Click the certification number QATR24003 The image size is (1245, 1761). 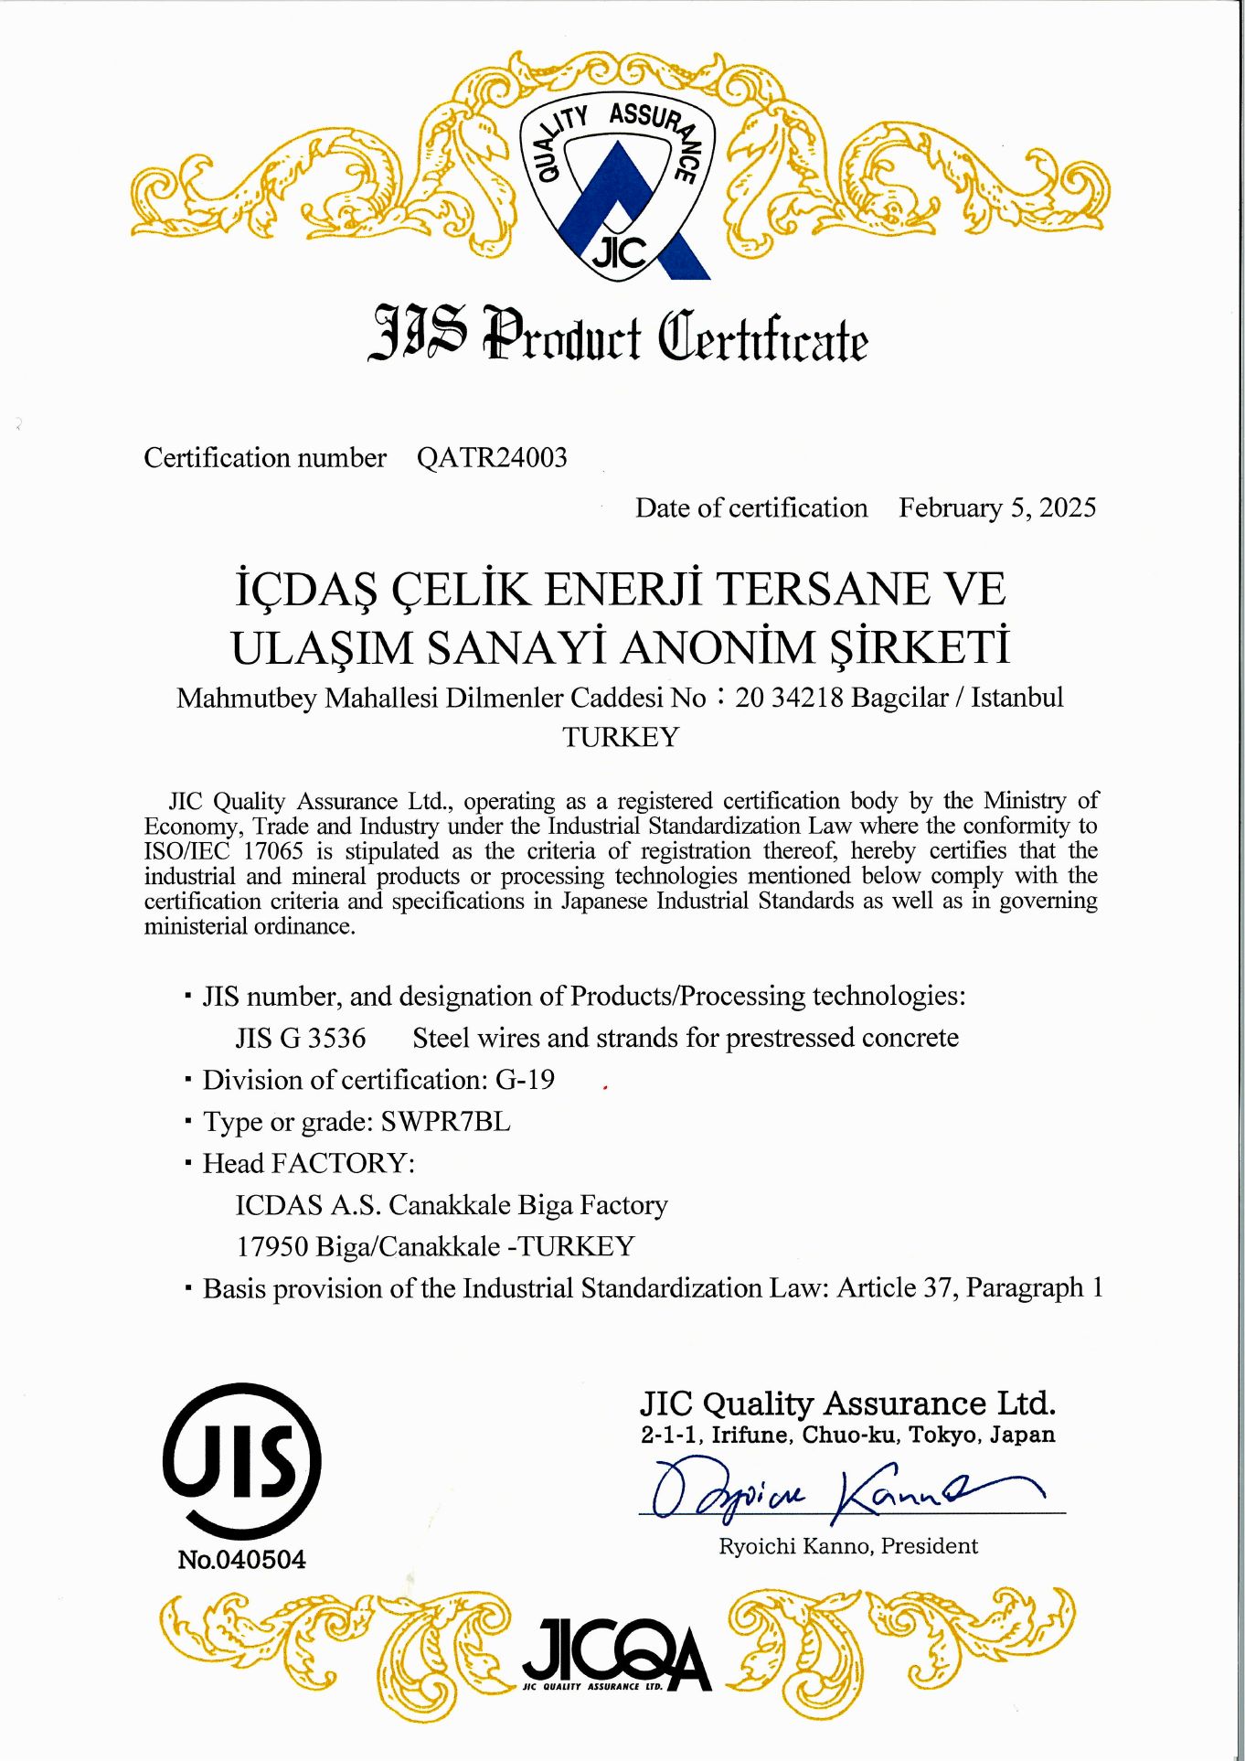(492, 457)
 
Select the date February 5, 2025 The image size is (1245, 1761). (996, 507)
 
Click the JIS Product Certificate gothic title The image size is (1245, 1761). (618, 336)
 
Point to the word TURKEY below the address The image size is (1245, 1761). (621, 737)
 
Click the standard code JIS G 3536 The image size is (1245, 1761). (301, 1038)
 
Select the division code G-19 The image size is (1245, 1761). (525, 1080)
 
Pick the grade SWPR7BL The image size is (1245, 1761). (445, 1121)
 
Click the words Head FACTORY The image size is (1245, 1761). (308, 1163)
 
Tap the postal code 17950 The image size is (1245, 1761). (271, 1246)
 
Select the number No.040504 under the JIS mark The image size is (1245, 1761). (242, 1560)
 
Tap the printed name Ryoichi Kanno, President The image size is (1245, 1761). (848, 1546)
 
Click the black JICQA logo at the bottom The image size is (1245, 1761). (617, 1655)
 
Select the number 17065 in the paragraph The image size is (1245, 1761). (272, 850)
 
